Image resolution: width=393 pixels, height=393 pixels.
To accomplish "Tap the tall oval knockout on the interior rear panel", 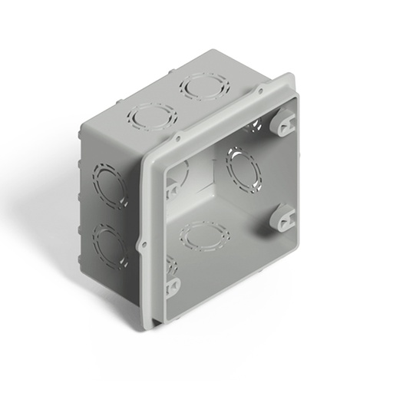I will click(242, 170).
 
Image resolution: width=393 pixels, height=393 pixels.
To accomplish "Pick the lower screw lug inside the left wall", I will click(173, 284).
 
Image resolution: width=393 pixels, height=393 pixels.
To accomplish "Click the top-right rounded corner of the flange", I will click(291, 78).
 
